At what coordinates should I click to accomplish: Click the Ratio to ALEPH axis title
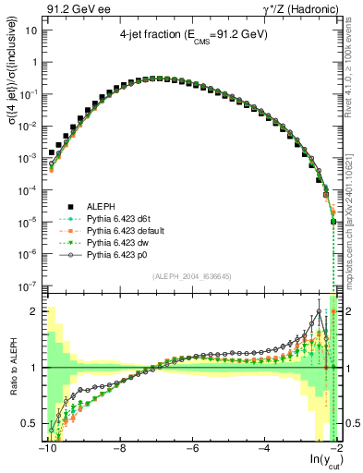(12, 368)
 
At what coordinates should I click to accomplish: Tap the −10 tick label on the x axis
(45, 451)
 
